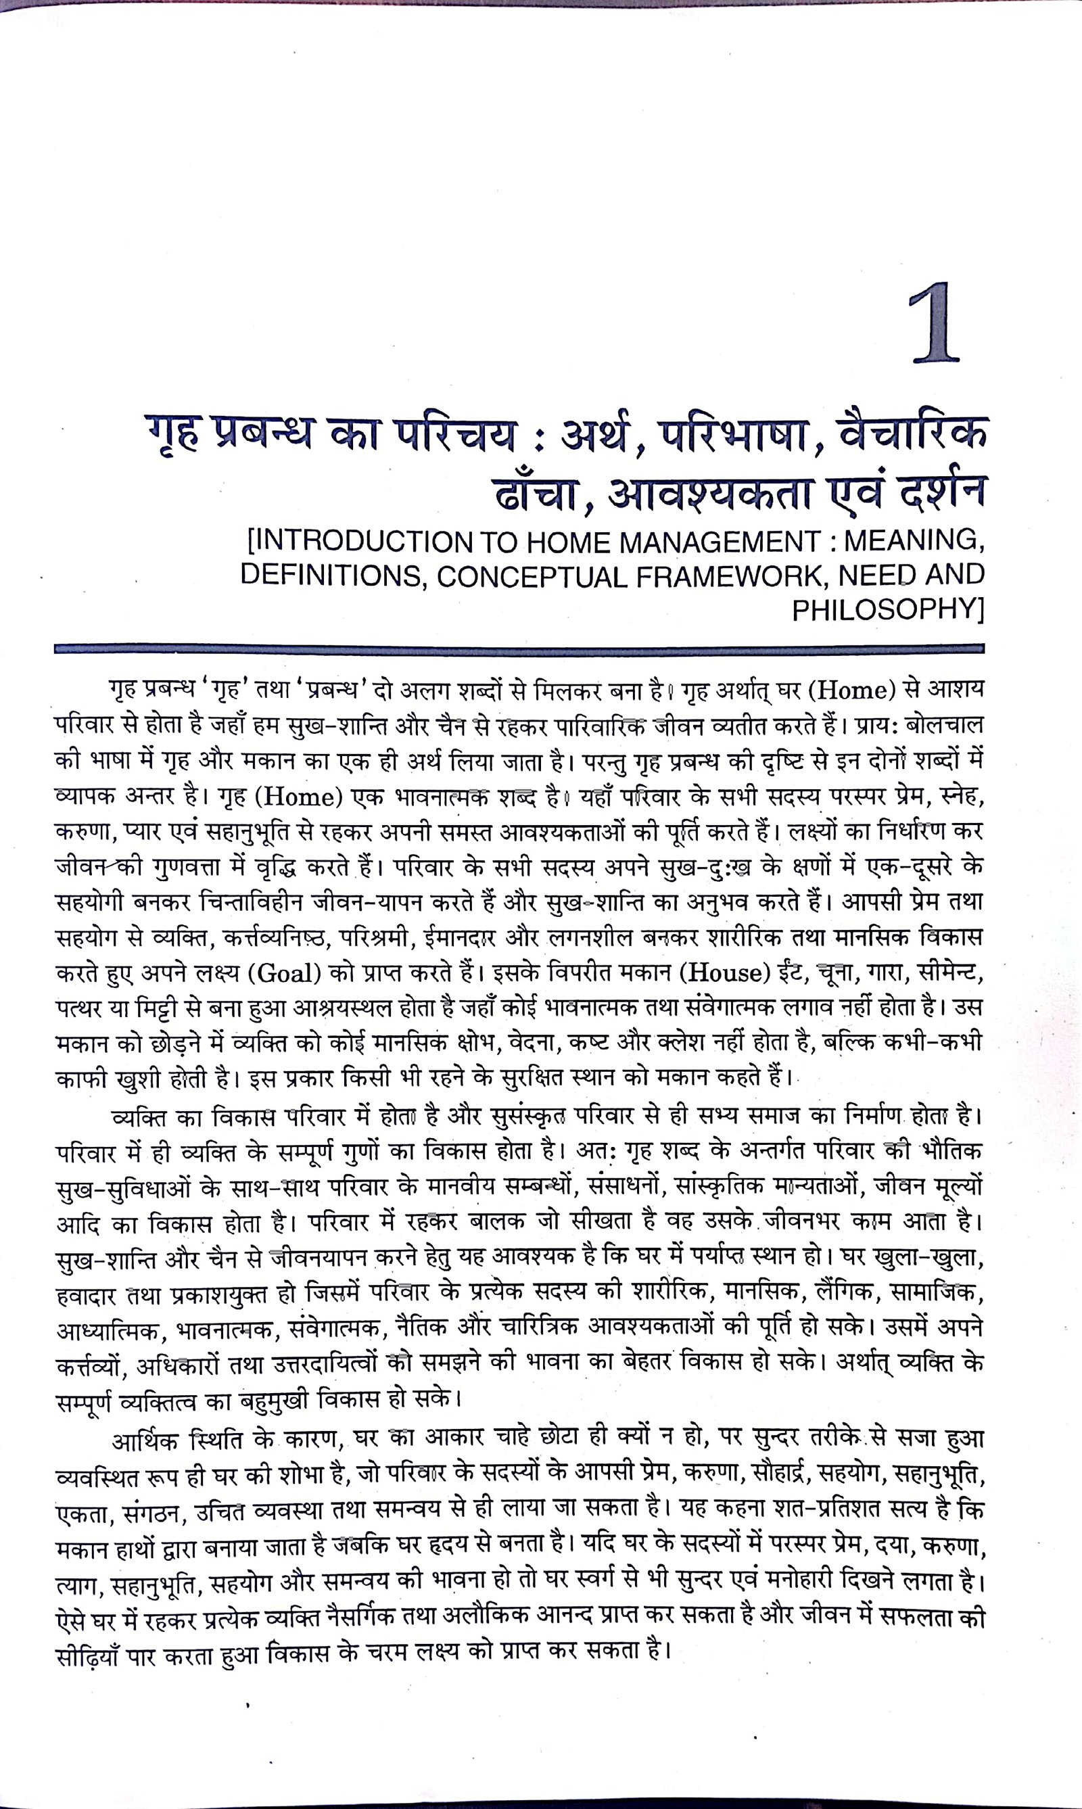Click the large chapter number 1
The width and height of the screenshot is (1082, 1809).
(935, 324)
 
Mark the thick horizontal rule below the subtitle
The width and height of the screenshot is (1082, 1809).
(519, 647)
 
